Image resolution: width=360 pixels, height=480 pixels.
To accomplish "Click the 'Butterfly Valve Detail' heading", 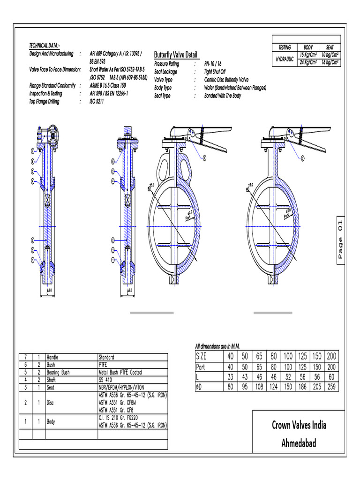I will [x=176, y=55].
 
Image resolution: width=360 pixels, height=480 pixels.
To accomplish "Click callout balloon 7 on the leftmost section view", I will [x=33, y=151].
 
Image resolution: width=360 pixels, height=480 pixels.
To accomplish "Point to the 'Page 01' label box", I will [x=340, y=240].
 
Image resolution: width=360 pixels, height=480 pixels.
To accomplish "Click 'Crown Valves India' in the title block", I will [x=299, y=425].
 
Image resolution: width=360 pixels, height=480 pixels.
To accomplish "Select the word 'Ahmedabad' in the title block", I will [x=299, y=443].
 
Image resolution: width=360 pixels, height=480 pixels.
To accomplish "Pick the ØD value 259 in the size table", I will [x=331, y=387].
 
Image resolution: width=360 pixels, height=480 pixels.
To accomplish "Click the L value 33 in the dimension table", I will [x=230, y=376].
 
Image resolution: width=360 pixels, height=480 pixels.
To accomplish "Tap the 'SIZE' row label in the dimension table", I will [x=201, y=356].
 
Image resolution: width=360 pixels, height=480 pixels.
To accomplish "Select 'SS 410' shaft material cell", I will [x=106, y=380].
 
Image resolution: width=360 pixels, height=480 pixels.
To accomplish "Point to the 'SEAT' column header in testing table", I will [x=330, y=47].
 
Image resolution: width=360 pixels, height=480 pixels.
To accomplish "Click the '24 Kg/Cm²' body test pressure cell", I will [x=308, y=62].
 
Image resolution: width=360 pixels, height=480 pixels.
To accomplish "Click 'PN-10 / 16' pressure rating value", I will [x=213, y=63].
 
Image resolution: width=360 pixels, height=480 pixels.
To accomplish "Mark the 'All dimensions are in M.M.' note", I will [x=217, y=346].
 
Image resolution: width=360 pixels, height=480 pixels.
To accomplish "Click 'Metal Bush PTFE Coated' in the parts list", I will [x=120, y=372].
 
